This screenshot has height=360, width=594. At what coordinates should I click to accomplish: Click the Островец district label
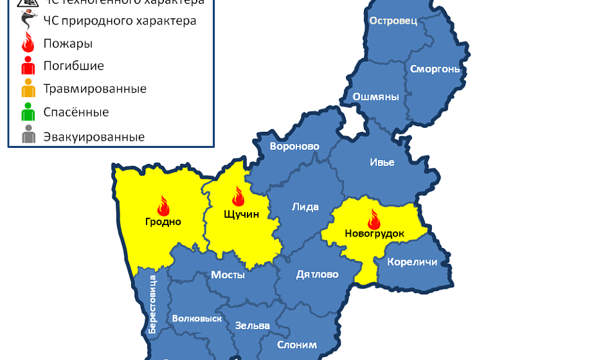pos(393,21)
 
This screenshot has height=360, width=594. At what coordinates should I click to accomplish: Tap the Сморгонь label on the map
pos(435,68)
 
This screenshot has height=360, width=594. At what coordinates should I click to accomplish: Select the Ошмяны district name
pos(375,97)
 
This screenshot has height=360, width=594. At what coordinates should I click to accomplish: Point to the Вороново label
pos(294,146)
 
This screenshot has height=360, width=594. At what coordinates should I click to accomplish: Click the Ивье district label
pos(382,162)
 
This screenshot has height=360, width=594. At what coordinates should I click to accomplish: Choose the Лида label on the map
pos(305,206)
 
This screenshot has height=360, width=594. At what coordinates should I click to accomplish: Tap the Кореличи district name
pos(412,262)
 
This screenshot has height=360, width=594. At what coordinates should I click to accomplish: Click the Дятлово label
pos(317,274)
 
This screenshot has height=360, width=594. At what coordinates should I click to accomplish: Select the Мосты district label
pos(228,274)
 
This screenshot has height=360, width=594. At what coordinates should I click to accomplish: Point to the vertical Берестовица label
pos(152,303)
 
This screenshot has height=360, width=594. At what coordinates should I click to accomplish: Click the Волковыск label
pos(197,318)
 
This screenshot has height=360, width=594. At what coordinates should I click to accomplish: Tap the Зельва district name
pos(252,325)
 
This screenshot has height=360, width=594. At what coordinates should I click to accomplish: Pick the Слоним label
pos(296,345)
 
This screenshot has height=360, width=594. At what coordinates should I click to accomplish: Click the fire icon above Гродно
pos(163,206)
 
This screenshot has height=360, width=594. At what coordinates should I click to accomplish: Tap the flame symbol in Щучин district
pos(238,196)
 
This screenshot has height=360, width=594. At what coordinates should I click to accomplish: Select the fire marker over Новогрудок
pos(373,218)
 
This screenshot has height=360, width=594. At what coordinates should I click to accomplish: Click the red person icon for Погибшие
pos(28,66)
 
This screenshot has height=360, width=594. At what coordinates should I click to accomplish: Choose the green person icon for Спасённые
pos(28,112)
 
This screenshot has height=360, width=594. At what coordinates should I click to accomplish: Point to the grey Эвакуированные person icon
pos(28,136)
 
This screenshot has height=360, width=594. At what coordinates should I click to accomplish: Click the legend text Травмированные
pos(94,89)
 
